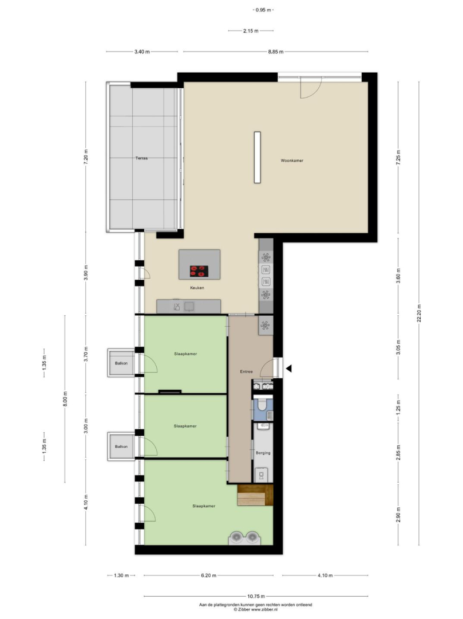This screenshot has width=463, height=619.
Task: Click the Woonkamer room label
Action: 292,160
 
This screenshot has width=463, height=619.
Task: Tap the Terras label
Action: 141,158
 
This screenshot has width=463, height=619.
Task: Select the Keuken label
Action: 197,288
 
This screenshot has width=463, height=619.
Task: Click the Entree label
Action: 246,371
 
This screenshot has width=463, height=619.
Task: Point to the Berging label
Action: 263,453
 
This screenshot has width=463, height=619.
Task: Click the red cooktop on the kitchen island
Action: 199,271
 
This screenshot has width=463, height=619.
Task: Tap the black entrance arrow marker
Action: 289,369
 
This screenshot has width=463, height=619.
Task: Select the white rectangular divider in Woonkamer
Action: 258,157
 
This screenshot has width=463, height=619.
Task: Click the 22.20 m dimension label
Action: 419,313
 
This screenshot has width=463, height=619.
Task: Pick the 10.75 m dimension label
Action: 256,596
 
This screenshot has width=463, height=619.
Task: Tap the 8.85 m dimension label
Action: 276,52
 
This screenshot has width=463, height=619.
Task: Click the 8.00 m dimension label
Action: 65,399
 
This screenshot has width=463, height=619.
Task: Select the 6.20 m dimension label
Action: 208,575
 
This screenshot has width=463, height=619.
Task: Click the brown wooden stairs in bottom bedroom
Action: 255,495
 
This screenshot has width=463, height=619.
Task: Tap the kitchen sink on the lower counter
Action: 189,306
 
